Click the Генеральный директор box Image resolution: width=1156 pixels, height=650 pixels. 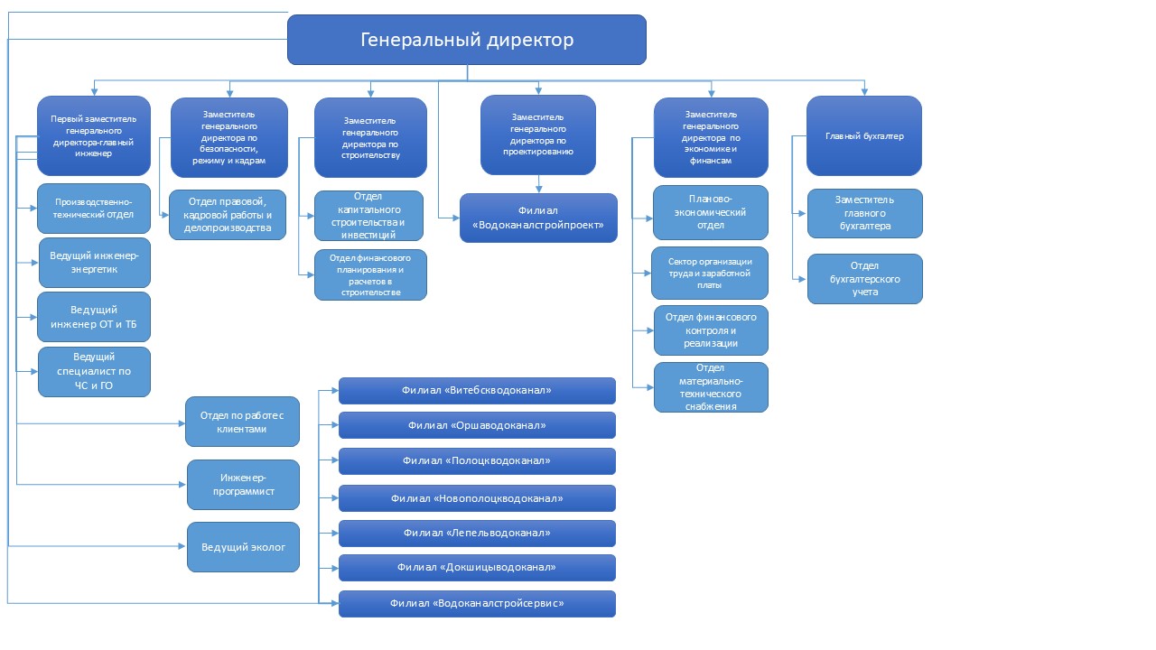click(467, 40)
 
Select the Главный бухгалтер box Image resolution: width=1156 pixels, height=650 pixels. click(864, 135)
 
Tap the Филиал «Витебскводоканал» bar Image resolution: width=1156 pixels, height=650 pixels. click(477, 391)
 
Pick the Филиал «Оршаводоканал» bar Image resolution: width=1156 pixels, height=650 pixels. click(477, 425)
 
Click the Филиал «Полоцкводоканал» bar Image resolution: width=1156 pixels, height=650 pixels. click(477, 460)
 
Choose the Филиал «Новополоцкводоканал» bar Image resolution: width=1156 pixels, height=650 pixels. click(477, 498)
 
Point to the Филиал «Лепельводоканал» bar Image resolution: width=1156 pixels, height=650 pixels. click(477, 533)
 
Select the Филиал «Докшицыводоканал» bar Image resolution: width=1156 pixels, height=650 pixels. click(477, 568)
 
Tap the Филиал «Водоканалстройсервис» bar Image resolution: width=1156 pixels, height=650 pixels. click(477, 604)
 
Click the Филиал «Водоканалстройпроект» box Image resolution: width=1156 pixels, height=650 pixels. click(538, 218)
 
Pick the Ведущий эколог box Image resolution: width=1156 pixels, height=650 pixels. click(243, 547)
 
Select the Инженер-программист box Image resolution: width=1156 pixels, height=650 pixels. click(243, 485)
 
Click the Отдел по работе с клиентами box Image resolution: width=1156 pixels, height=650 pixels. click(242, 422)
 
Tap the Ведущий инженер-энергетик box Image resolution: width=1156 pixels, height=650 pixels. click(95, 263)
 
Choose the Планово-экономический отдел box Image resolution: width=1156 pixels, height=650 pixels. click(711, 212)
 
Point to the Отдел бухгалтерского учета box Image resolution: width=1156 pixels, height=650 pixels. click(865, 279)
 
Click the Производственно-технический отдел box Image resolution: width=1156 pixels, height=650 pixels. click(94, 209)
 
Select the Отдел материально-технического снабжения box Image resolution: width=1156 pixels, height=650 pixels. click(711, 387)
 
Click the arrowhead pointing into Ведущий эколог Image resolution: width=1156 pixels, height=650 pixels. click(182, 546)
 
